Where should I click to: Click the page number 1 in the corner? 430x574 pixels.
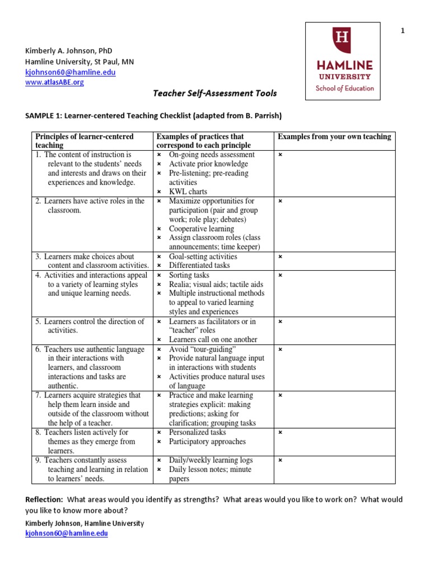402,31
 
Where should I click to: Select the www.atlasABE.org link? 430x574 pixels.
54,82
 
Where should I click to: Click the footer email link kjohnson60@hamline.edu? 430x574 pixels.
67,534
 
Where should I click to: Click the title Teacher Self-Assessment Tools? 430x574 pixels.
215,94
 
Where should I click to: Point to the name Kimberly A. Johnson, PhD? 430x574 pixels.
69,50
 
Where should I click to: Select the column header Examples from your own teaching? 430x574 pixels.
334,137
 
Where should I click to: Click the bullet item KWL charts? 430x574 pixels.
188,192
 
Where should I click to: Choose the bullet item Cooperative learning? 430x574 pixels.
202,229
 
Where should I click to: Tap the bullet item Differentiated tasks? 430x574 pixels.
199,266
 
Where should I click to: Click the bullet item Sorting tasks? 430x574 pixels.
189,275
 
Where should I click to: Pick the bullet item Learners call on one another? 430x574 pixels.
213,340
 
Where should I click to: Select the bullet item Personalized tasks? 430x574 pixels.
198,432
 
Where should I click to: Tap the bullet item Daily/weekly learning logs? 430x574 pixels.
211,460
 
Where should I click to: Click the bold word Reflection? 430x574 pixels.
44,499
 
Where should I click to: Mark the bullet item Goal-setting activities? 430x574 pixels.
203,257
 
